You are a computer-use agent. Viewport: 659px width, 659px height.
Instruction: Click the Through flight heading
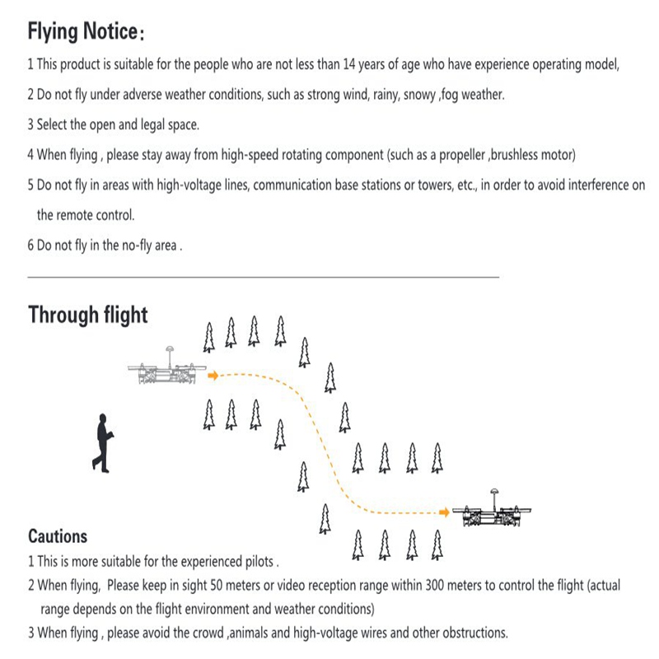[88, 315]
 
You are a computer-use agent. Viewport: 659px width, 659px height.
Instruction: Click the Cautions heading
[58, 536]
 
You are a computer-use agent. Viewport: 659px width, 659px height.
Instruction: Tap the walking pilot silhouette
[103, 442]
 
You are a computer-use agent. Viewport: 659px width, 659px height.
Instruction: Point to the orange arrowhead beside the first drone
[213, 376]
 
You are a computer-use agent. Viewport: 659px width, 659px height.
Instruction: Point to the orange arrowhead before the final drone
[445, 513]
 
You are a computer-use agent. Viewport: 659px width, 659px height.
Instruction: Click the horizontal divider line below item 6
[264, 278]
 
